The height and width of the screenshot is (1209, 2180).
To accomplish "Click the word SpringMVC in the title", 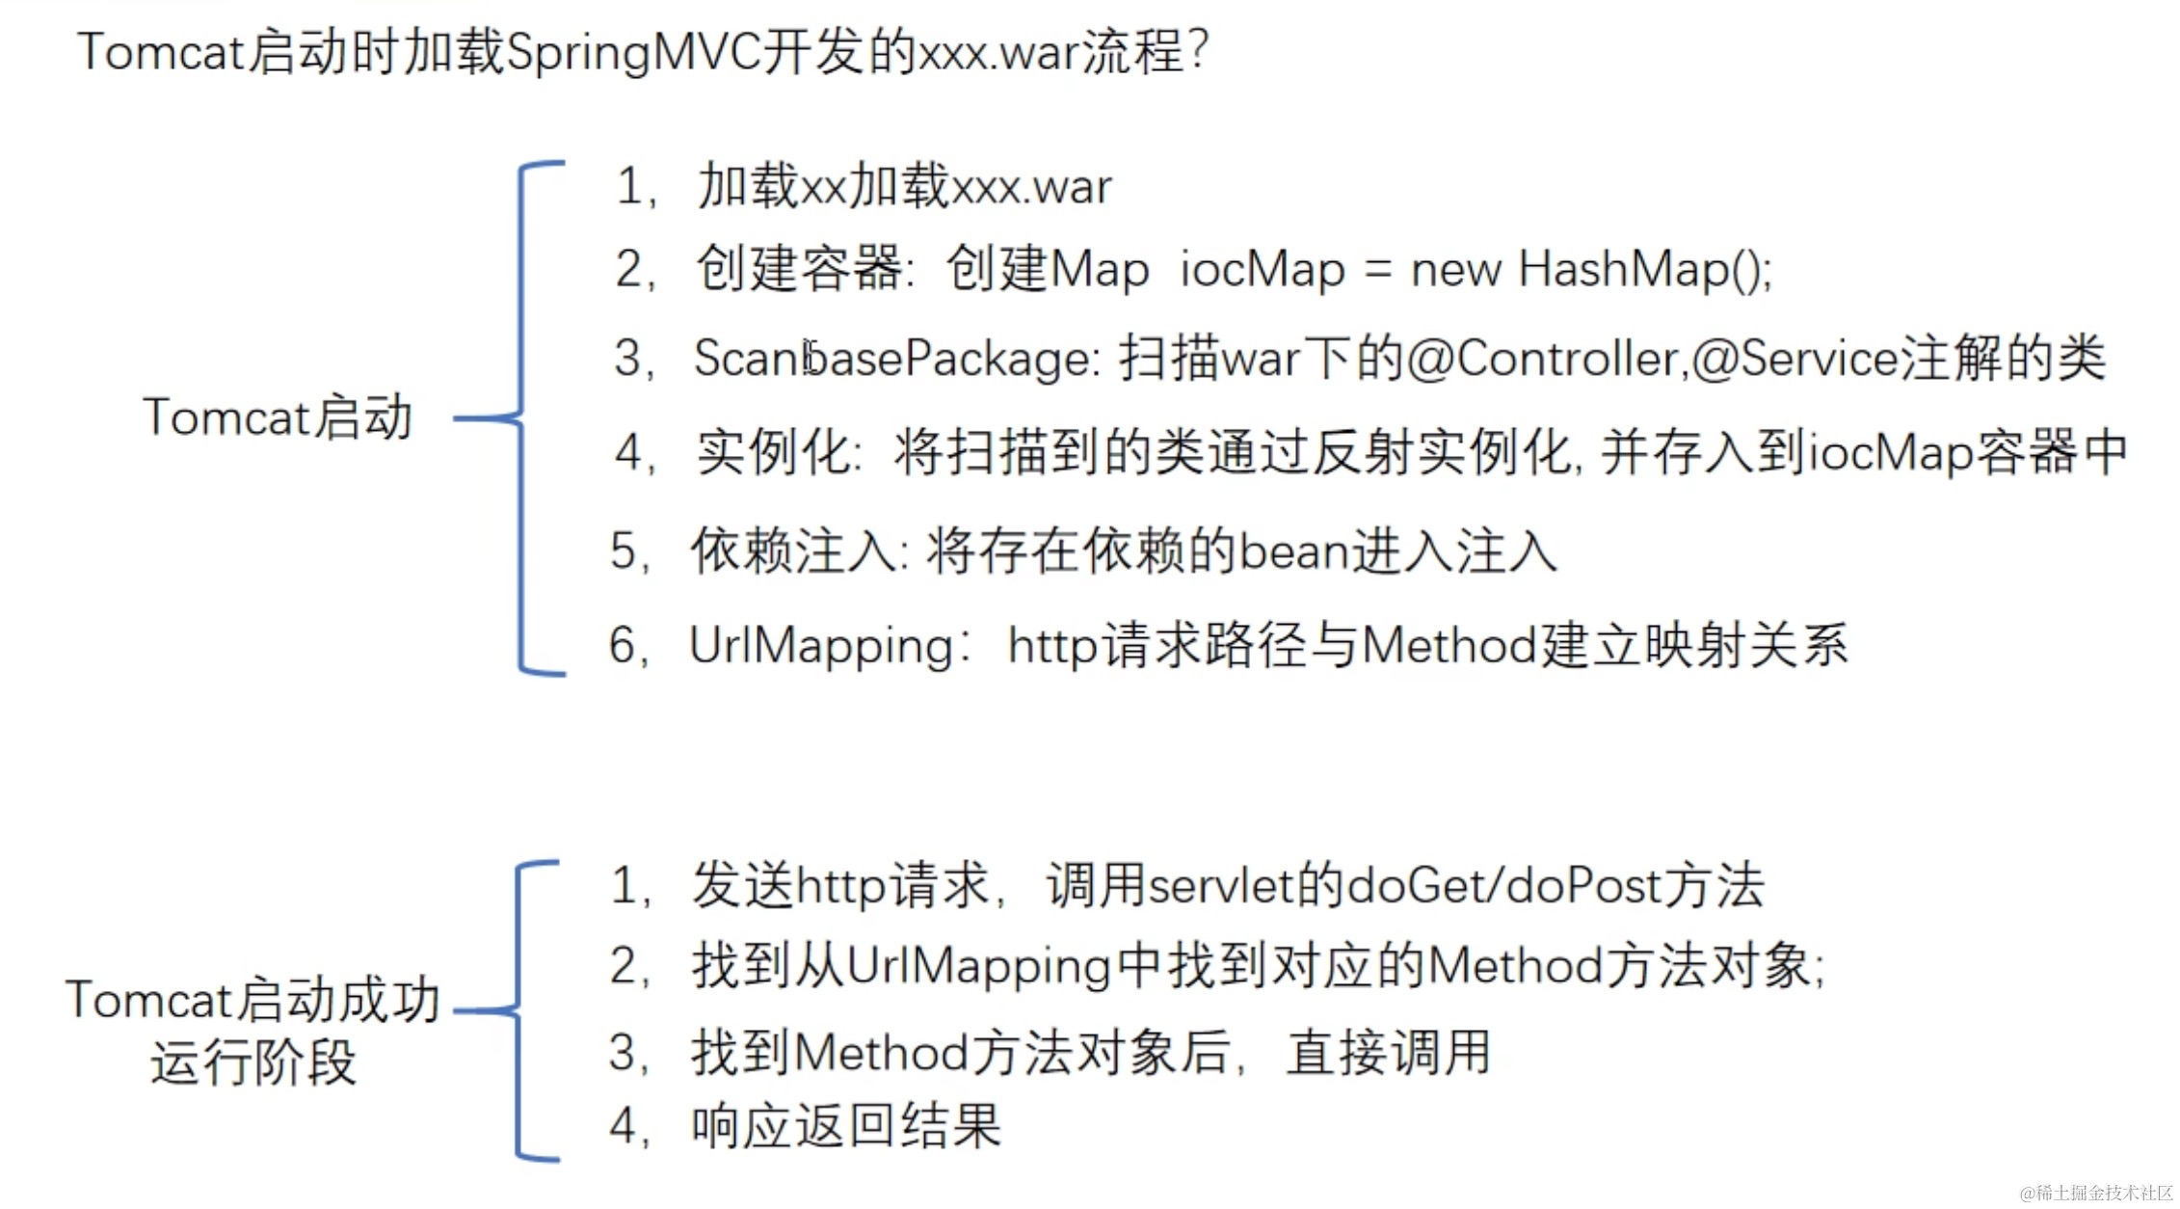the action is click(632, 53).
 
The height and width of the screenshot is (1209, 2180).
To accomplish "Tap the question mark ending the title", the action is click(1198, 50).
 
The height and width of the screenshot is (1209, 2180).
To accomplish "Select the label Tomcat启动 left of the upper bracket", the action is click(278, 417).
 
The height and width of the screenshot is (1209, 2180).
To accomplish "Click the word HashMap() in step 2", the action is click(1644, 269).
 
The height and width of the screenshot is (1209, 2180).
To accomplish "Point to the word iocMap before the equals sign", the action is click(1262, 269).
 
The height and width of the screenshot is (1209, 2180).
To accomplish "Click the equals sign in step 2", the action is click(1378, 269).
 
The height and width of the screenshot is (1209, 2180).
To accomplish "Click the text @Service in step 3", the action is click(1795, 359).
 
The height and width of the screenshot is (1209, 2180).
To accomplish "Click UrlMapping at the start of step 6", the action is click(821, 645).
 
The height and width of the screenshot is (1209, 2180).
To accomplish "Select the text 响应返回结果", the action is click(846, 1125).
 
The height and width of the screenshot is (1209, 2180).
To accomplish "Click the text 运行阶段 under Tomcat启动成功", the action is click(253, 1062).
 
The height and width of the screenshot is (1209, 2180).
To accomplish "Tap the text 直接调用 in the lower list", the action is click(1389, 1052).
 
